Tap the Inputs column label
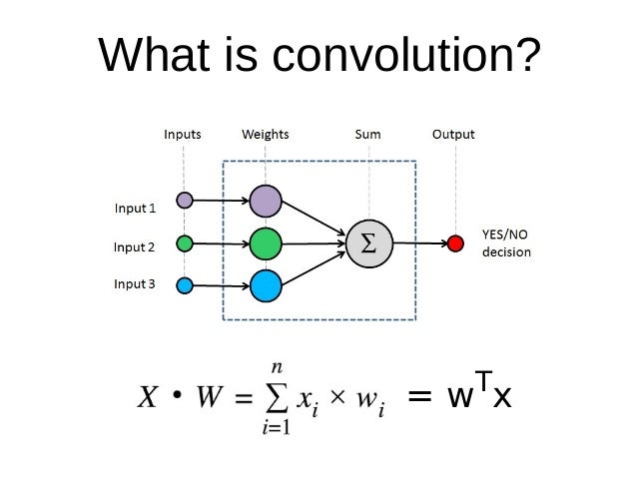[183, 134]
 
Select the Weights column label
[266, 134]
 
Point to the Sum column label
[367, 134]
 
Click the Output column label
[453, 134]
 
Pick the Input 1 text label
[135, 208]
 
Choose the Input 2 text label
[135, 245]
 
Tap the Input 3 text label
[135, 283]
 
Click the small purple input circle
[184, 200]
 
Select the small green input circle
[184, 242]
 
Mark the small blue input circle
[184, 286]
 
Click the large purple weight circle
[266, 201]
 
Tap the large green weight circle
[266, 242]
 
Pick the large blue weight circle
[266, 285]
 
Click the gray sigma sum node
[368, 242]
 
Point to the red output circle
[455, 242]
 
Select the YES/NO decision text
[506, 243]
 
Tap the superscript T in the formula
[481, 380]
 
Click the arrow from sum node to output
[418, 242]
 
